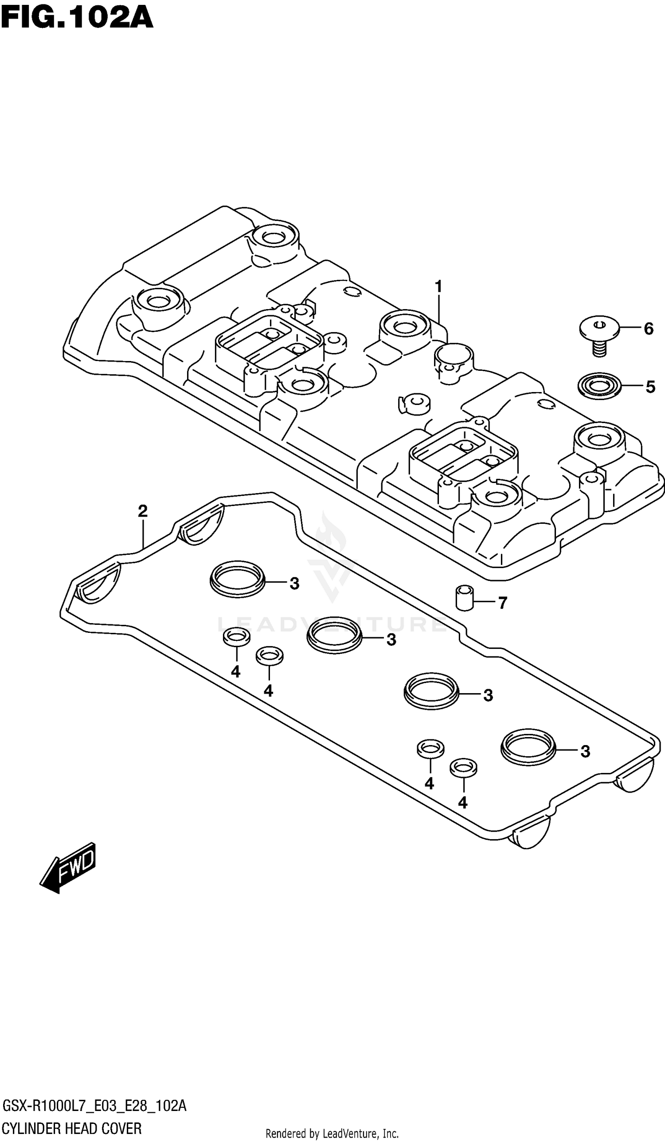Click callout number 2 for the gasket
[143, 511]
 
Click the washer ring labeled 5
[599, 386]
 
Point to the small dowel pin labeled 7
[464, 598]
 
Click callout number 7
[502, 603]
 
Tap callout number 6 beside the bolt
[648, 329]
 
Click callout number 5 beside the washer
[649, 387]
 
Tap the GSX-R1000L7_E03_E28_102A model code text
[94, 1106]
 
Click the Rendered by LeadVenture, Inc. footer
[332, 1134]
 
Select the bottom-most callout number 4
[462, 803]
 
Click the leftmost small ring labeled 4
[236, 637]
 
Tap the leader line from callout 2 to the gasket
[143, 535]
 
